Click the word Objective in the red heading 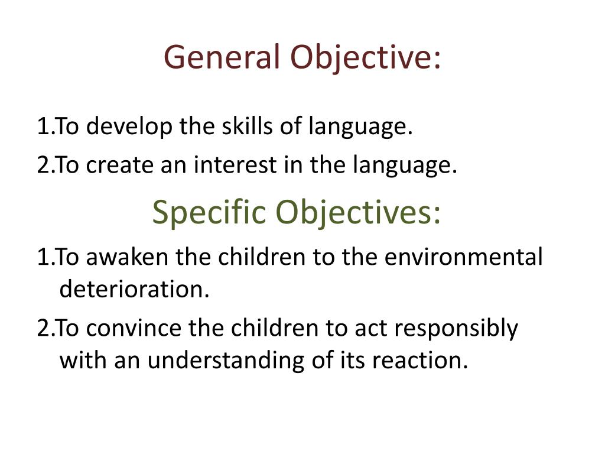(x=365, y=58)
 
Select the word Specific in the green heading (x=210, y=213)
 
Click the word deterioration (x=135, y=290)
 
